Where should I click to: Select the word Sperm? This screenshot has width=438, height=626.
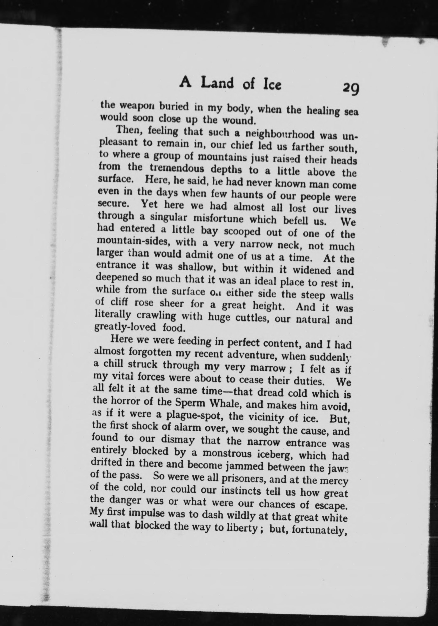(190, 403)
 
